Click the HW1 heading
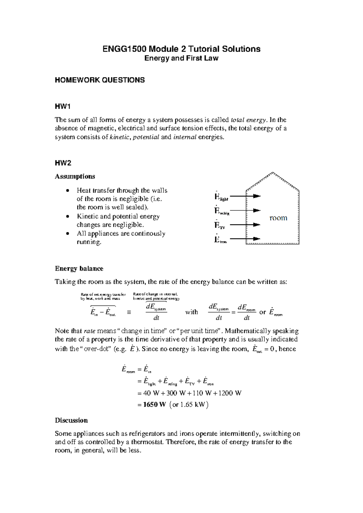(62, 106)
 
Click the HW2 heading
(63, 163)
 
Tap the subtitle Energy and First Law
(181, 58)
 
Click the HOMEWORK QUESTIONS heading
(100, 80)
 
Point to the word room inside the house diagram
(278, 218)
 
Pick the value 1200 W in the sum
(229, 393)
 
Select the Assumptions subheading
(75, 176)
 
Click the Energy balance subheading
(79, 269)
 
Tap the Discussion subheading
(71, 420)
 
